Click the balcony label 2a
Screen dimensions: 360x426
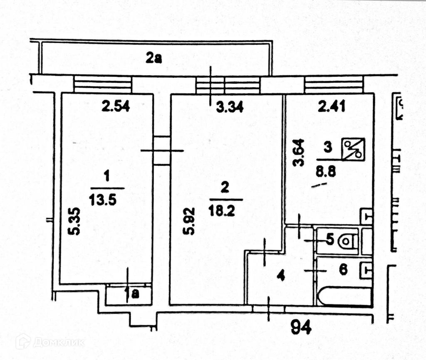(153, 59)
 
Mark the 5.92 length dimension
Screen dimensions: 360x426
(191, 227)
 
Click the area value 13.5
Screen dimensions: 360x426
(102, 200)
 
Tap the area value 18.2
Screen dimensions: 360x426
(225, 211)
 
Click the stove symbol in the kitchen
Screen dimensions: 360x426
(353, 150)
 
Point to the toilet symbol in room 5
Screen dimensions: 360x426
(347, 241)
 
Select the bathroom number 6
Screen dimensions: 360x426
(343, 270)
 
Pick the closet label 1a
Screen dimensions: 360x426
(131, 295)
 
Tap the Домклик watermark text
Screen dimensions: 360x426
(58, 342)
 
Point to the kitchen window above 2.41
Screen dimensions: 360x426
(334, 84)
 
